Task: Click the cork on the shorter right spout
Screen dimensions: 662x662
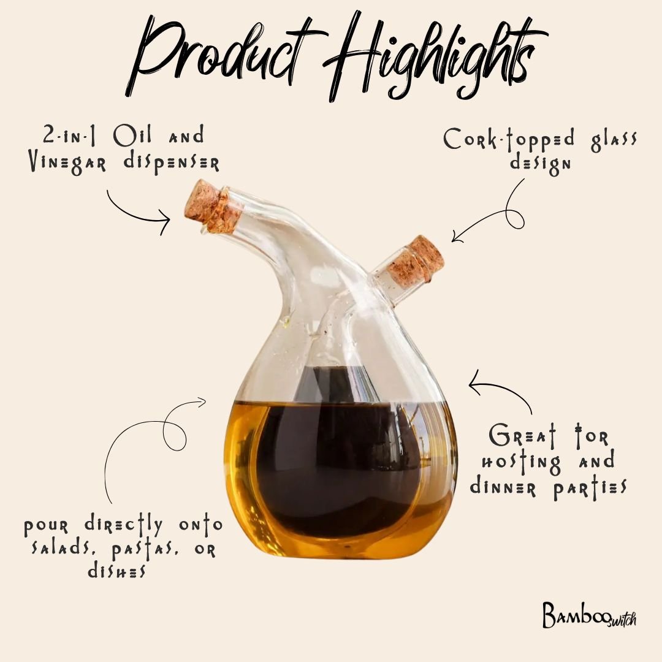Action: click(x=423, y=257)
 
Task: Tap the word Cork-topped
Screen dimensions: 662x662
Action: click(x=509, y=140)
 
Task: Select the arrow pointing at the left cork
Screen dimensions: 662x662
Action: click(x=138, y=215)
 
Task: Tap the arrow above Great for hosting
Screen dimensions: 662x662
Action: click(x=500, y=392)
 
